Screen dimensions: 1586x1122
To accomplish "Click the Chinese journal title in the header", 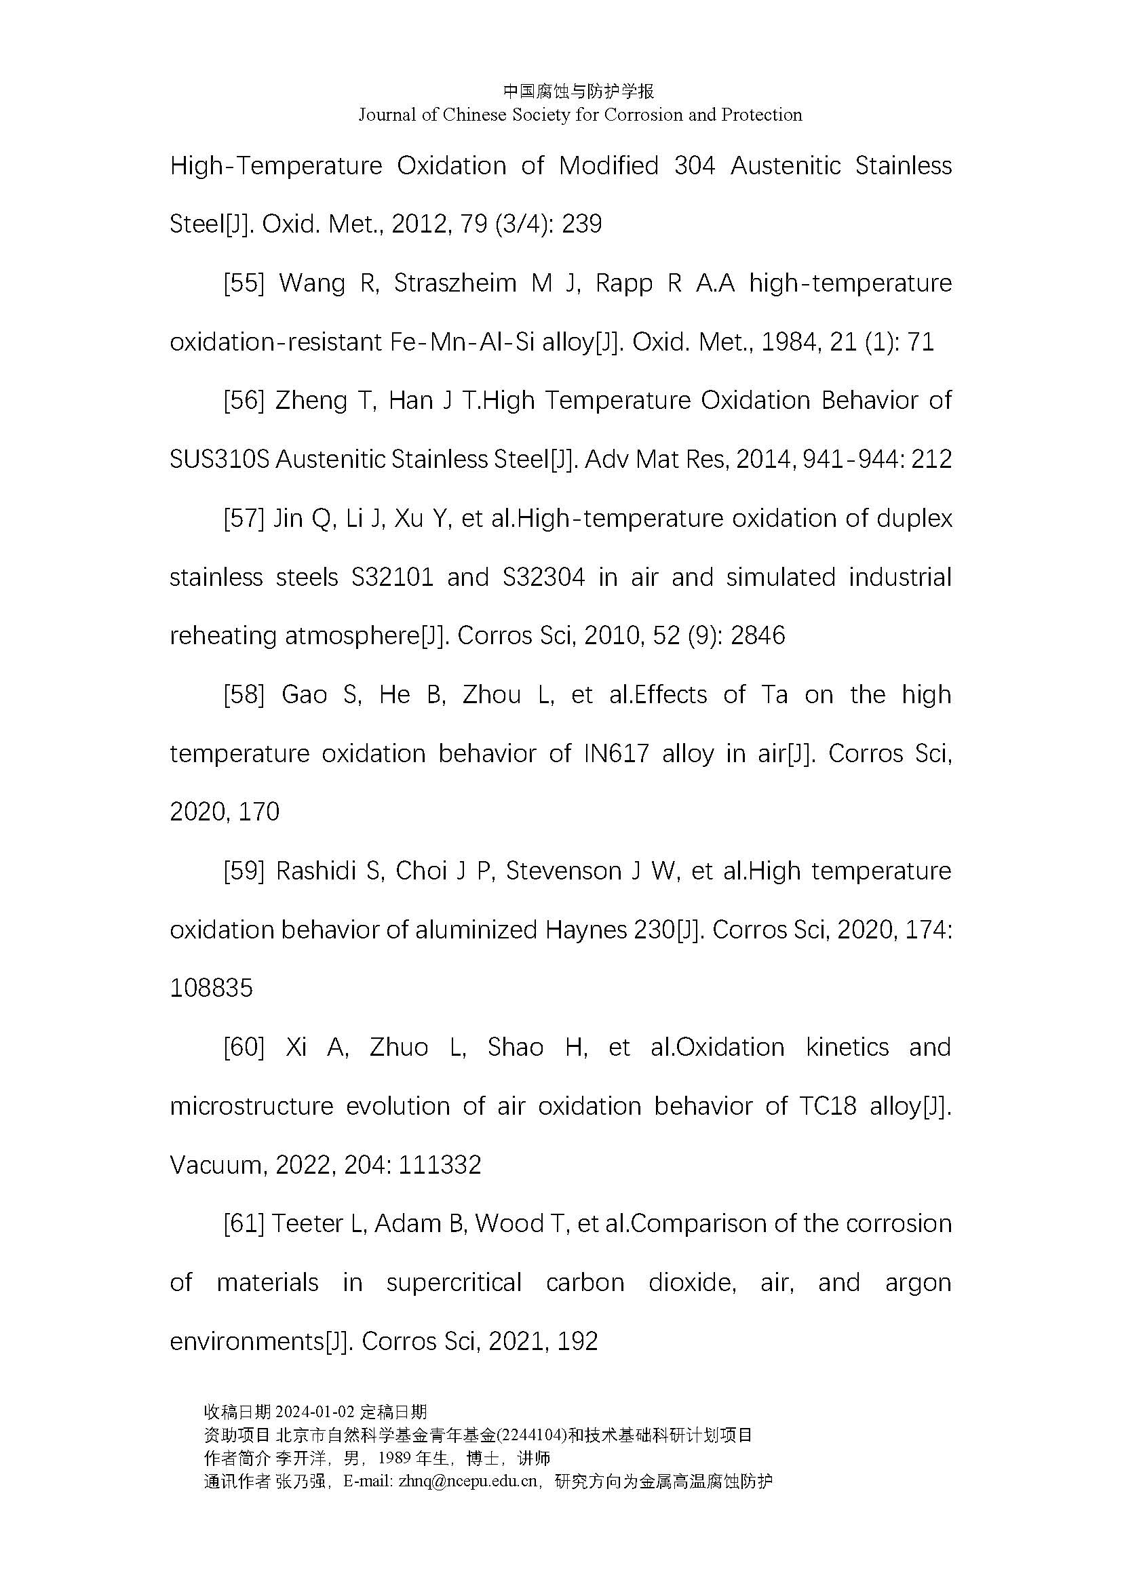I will [578, 91].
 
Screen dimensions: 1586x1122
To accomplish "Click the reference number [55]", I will [244, 283].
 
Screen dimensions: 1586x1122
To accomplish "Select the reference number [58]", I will [244, 694].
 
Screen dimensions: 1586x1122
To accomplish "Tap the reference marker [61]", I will [244, 1223].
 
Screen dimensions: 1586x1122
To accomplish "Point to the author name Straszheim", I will [455, 283].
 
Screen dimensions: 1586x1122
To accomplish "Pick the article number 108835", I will [212, 989].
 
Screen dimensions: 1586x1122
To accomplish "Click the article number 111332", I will [440, 1166].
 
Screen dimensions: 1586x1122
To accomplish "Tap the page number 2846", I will [757, 635].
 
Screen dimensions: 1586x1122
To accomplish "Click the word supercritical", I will [453, 1283].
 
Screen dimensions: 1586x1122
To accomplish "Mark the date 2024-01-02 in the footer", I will [315, 1411].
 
